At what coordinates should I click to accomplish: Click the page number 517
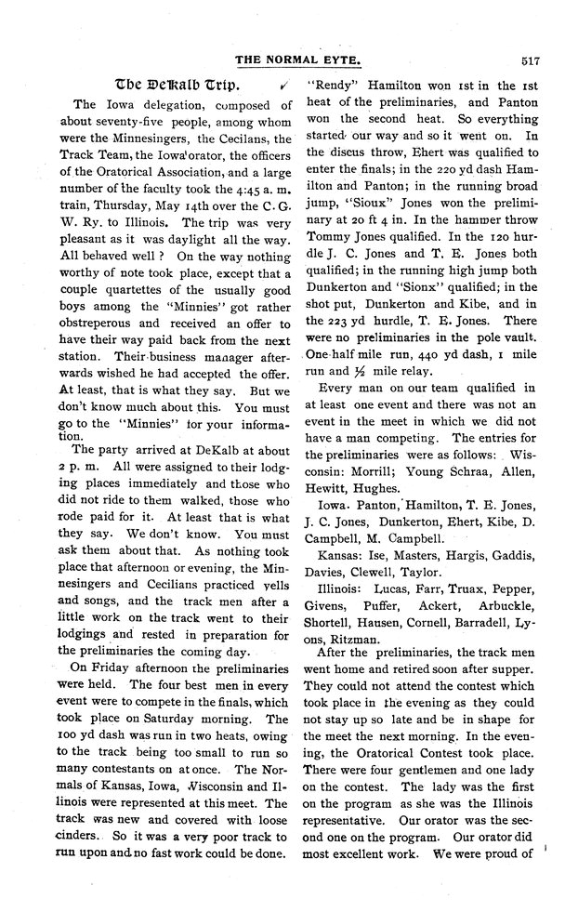pos(532,61)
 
